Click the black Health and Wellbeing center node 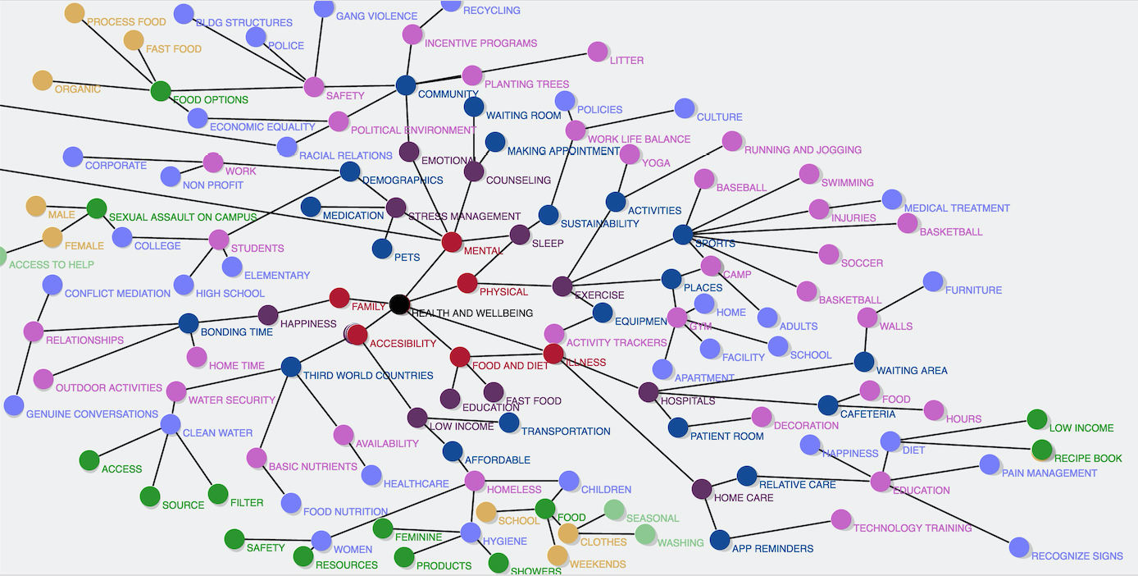tap(399, 304)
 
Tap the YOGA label tap(656, 163)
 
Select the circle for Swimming tap(809, 174)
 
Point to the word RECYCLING tap(491, 11)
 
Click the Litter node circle tap(598, 52)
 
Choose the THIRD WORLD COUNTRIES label tap(368, 376)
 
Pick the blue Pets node tap(382, 248)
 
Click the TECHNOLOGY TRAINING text tap(913, 528)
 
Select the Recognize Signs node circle tap(1019, 547)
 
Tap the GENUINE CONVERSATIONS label tap(92, 414)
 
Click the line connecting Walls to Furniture tap(900, 299)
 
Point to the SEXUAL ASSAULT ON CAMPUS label tap(183, 217)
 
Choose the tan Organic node tap(43, 80)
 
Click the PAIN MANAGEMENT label tap(1049, 473)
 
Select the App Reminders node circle tap(720, 539)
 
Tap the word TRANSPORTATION tap(566, 432)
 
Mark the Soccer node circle tap(829, 254)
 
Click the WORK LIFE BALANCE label tap(639, 139)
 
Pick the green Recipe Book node tap(1041, 450)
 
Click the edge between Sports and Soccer tap(754, 245)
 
